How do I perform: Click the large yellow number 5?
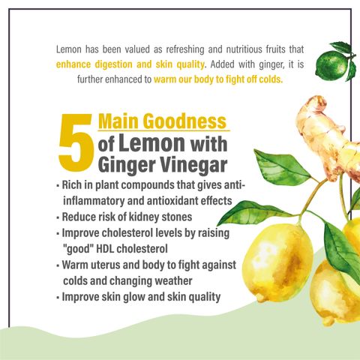click(x=76, y=142)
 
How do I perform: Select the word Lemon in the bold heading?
click(x=151, y=142)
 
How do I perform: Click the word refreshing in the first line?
click(x=185, y=49)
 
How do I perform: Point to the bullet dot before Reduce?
click(x=58, y=217)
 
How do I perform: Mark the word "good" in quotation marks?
click(x=78, y=249)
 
